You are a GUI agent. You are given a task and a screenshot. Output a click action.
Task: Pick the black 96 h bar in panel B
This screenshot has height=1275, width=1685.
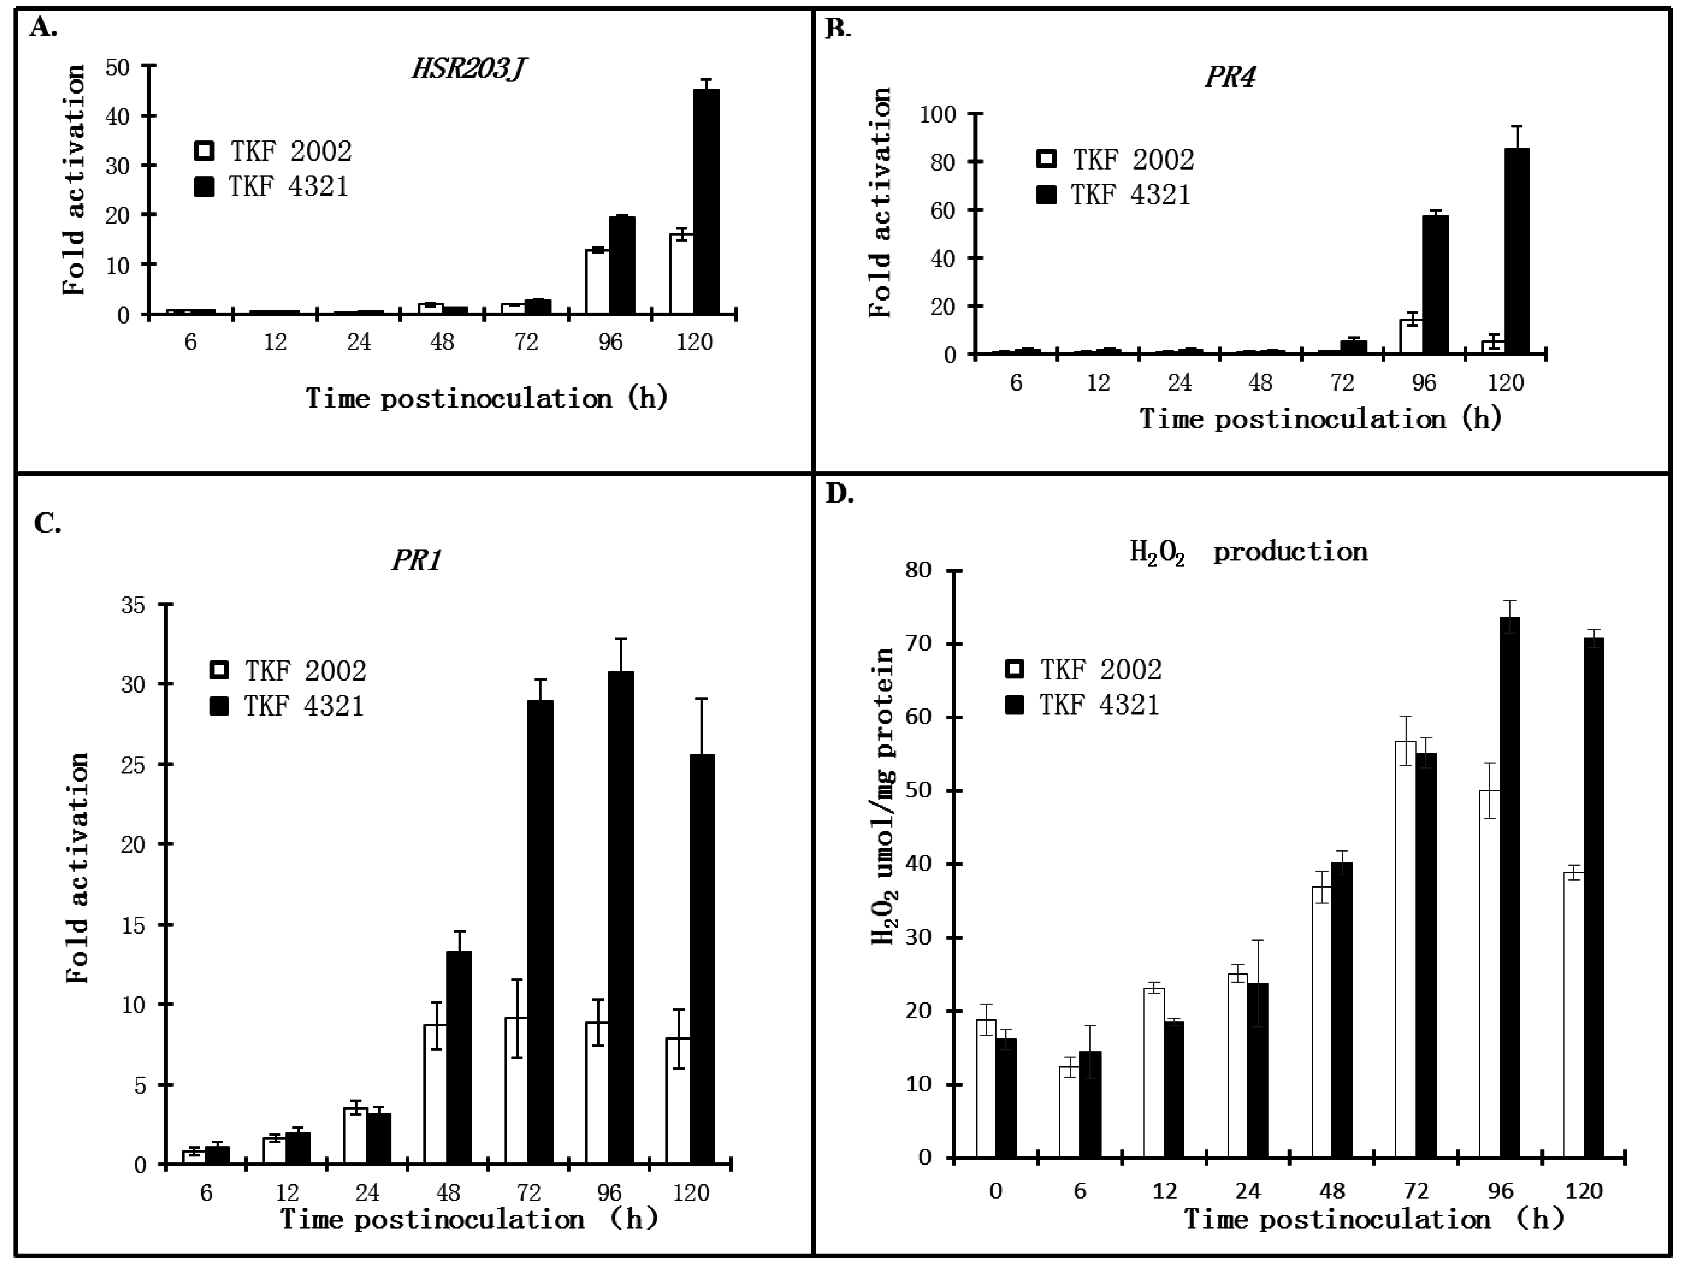coord(1435,285)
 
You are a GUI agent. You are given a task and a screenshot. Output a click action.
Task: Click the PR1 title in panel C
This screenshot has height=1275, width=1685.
coord(416,561)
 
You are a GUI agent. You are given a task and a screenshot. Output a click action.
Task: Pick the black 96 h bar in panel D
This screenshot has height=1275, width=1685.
coord(1509,887)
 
